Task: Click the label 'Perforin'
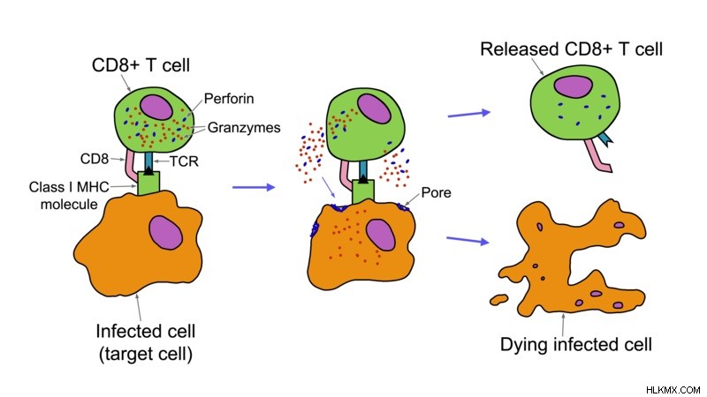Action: pyautogui.click(x=229, y=99)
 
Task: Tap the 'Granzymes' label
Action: pyautogui.click(x=244, y=128)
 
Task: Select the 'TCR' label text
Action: pyautogui.click(x=184, y=161)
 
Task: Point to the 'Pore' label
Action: pyautogui.click(x=436, y=192)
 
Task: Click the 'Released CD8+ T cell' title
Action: pyautogui.click(x=571, y=49)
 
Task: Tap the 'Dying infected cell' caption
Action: pyautogui.click(x=576, y=344)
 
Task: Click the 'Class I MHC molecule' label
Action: pyautogui.click(x=69, y=195)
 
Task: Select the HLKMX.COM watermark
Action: pyautogui.click(x=673, y=390)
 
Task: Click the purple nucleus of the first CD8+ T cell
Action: pyautogui.click(x=156, y=107)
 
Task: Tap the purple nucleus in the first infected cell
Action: pyautogui.click(x=166, y=232)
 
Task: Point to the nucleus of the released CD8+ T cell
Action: pyautogui.click(x=573, y=86)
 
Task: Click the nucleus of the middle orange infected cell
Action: pyautogui.click(x=381, y=235)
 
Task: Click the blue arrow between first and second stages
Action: pyautogui.click(x=254, y=187)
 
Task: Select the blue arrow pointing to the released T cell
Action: pyautogui.click(x=469, y=114)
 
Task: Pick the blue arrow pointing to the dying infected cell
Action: pyautogui.click(x=468, y=240)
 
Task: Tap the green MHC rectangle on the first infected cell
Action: pyautogui.click(x=148, y=184)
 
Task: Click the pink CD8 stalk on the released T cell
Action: pyautogui.click(x=598, y=156)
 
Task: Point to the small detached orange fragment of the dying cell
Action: pyautogui.click(x=498, y=299)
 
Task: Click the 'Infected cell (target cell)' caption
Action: pyautogui.click(x=146, y=342)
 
